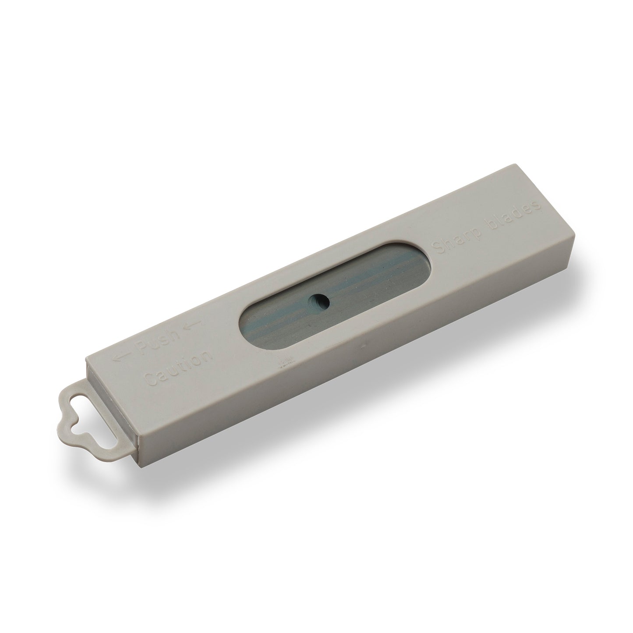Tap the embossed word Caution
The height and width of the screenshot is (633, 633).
178,368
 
